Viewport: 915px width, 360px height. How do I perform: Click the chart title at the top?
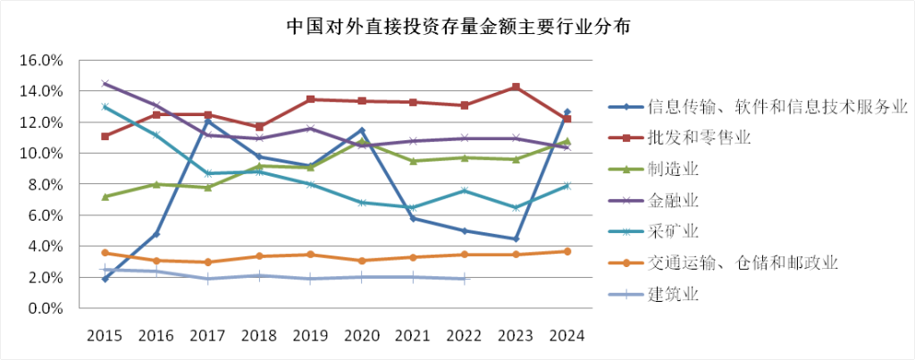tap(458, 27)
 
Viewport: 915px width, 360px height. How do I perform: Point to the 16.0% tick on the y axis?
tap(40, 61)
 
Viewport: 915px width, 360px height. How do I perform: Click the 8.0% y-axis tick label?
tap(44, 184)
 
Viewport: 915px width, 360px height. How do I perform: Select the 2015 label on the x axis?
tap(105, 336)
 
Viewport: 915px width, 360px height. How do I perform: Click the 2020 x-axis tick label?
tap(361, 336)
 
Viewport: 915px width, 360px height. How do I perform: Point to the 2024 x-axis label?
tap(567, 336)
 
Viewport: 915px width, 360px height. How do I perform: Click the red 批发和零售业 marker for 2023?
tap(516, 88)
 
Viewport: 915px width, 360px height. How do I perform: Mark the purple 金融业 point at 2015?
tap(105, 84)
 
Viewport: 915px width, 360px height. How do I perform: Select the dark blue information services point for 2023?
tap(516, 239)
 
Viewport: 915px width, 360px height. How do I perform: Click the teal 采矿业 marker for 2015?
tap(105, 107)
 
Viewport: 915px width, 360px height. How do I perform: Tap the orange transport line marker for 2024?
tap(567, 251)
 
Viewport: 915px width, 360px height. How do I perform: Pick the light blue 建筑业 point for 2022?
tap(465, 279)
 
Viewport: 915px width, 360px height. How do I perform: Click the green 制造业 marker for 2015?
tap(105, 197)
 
